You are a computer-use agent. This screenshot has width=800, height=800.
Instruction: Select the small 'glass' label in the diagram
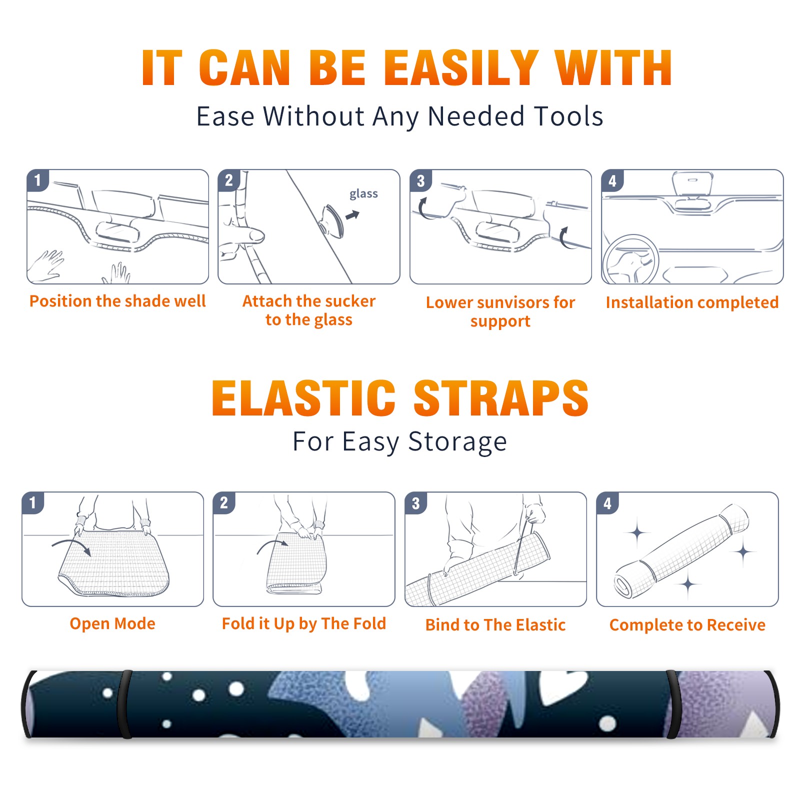[363, 194]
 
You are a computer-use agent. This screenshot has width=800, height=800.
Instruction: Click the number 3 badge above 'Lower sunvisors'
[420, 181]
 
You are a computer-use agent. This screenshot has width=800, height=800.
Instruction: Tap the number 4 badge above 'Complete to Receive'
[607, 503]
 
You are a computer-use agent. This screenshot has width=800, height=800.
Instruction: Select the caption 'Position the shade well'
[117, 301]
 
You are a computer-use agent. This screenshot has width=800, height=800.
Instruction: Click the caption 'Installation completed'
[692, 302]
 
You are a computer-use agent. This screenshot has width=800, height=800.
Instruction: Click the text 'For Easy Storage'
[399, 442]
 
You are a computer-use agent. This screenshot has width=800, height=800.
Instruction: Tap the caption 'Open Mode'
[112, 623]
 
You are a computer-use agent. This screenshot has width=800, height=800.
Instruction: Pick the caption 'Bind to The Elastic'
[495, 625]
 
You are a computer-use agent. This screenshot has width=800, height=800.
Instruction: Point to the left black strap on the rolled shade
[125, 704]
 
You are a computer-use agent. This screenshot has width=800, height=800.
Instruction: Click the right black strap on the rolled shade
[673, 704]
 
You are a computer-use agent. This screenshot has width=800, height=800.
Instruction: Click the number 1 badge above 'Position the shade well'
[37, 180]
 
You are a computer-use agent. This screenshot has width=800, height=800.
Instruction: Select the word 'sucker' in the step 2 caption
[349, 301]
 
